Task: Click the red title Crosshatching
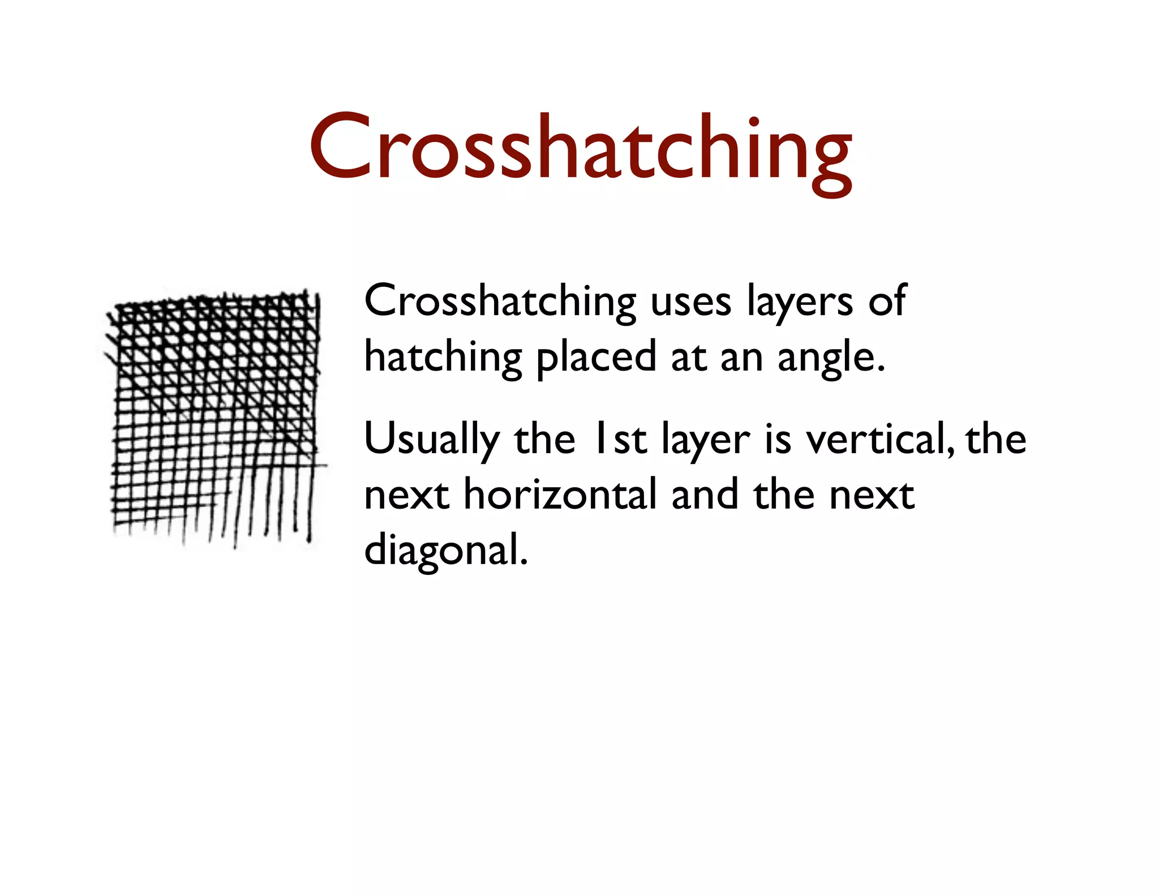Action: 580,148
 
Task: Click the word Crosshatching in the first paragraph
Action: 500,302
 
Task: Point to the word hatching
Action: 443,358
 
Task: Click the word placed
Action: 596,358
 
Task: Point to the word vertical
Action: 880,439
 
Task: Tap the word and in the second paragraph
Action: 705,494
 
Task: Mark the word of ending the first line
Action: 887,302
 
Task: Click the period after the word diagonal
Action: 523,562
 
